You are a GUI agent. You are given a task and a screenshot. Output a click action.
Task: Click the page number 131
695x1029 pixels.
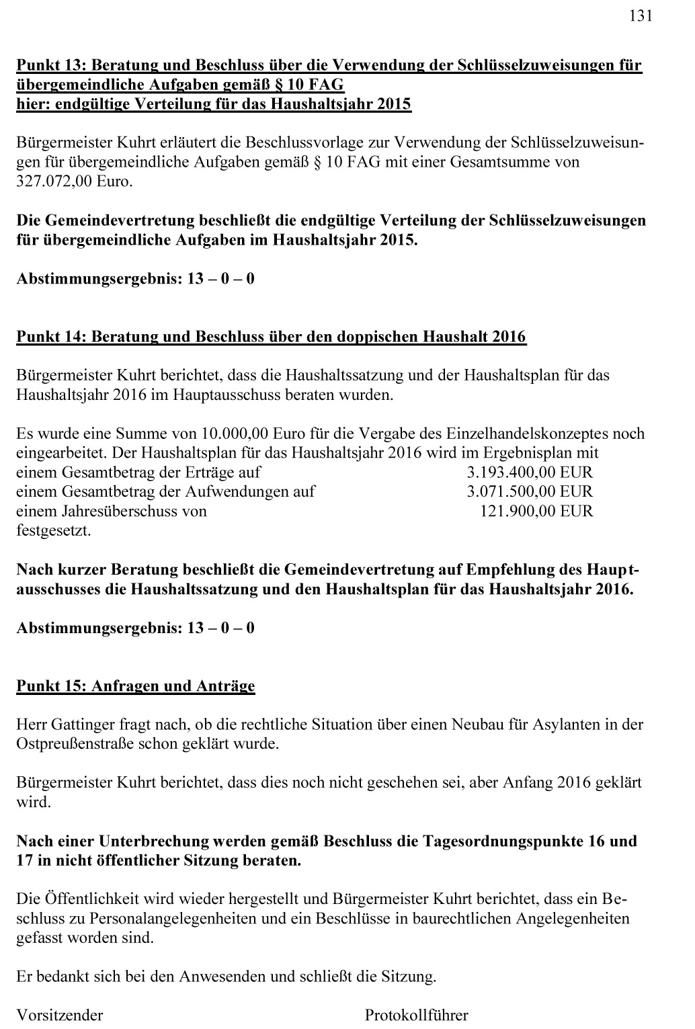641,16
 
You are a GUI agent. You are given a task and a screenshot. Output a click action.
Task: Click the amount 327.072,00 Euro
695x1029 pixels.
75,181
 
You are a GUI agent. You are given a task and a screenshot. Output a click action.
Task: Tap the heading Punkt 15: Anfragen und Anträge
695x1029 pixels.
136,686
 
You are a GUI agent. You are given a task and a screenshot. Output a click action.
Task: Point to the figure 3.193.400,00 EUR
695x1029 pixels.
530,472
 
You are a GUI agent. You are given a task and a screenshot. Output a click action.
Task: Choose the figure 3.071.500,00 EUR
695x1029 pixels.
530,491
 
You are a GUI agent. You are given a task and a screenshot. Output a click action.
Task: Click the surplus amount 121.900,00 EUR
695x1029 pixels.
536,511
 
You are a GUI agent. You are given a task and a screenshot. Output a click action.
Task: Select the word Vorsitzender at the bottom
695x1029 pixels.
60,1015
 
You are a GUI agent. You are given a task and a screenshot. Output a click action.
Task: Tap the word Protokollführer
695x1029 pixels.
417,1015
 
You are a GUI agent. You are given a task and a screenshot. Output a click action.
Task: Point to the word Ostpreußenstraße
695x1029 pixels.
75,745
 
